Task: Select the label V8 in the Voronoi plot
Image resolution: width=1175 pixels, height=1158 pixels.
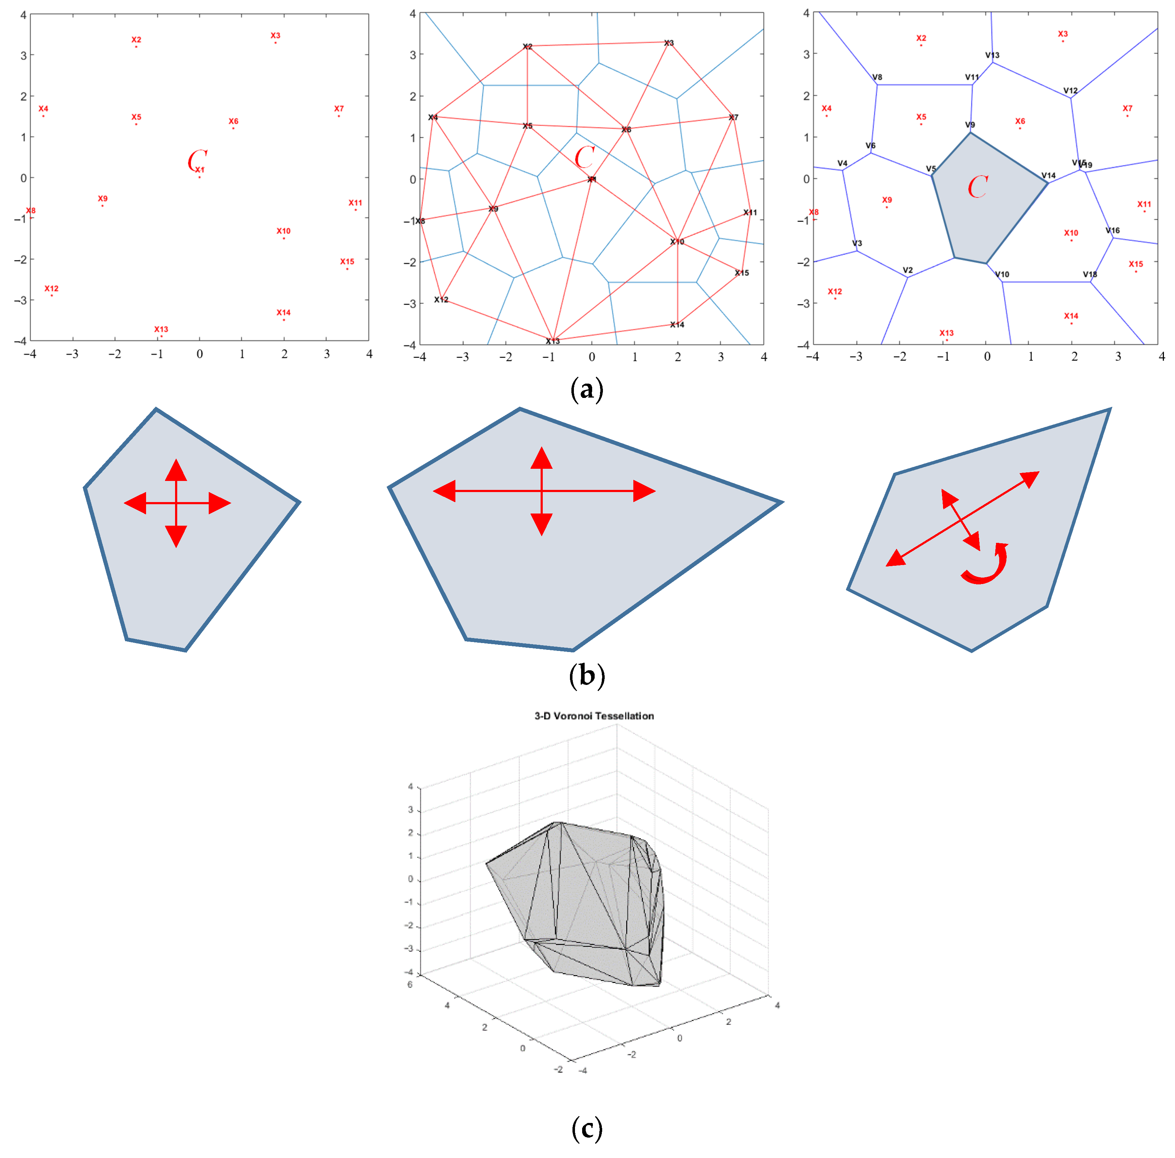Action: click(877, 77)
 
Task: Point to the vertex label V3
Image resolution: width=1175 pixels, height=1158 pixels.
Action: click(857, 243)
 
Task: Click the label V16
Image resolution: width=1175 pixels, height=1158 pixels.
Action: click(1112, 230)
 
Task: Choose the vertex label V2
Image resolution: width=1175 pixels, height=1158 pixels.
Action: click(908, 270)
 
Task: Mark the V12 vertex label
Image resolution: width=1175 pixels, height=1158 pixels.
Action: click(1070, 91)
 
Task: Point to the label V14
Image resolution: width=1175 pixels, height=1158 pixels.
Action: click(1049, 176)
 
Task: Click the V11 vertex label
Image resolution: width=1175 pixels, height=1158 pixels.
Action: click(972, 77)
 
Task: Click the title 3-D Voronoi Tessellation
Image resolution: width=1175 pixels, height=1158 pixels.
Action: click(594, 716)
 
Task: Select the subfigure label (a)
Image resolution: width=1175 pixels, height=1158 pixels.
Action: click(587, 389)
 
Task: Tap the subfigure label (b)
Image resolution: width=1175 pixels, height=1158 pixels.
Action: click(587, 676)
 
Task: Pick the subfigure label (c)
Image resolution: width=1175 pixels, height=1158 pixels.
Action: click(587, 1129)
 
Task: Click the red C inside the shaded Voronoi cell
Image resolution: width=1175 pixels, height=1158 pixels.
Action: click(977, 186)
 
